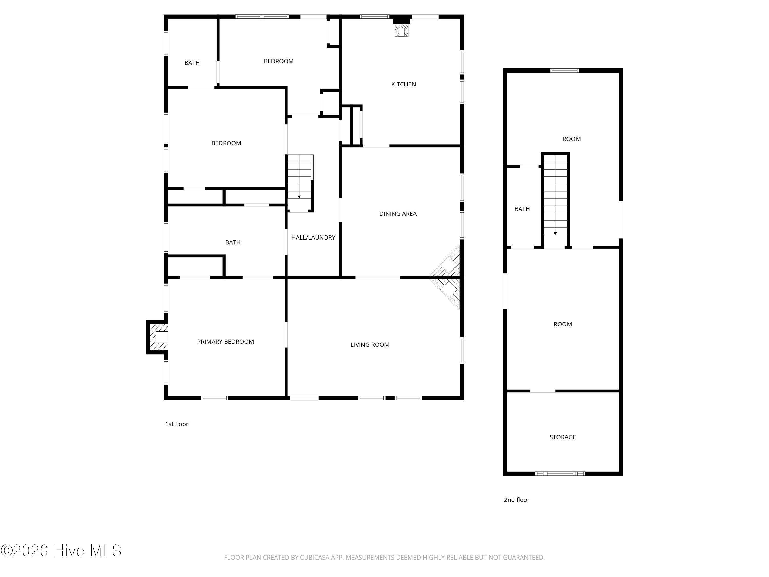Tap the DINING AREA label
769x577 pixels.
pyautogui.click(x=398, y=214)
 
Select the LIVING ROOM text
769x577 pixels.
pyautogui.click(x=370, y=345)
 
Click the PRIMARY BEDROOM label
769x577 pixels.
pyautogui.click(x=225, y=342)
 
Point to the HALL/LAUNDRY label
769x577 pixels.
pyautogui.click(x=313, y=237)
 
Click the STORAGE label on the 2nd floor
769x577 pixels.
pyautogui.click(x=562, y=437)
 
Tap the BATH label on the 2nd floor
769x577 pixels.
pyautogui.click(x=522, y=209)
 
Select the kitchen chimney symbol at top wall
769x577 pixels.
pyautogui.click(x=401, y=28)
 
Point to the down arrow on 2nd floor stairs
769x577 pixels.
pyautogui.click(x=555, y=233)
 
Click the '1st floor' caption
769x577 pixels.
pyautogui.click(x=177, y=424)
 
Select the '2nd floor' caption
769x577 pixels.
pyautogui.click(x=516, y=500)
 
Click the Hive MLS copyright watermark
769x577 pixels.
pyautogui.click(x=61, y=551)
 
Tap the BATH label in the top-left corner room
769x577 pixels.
pyautogui.click(x=192, y=63)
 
